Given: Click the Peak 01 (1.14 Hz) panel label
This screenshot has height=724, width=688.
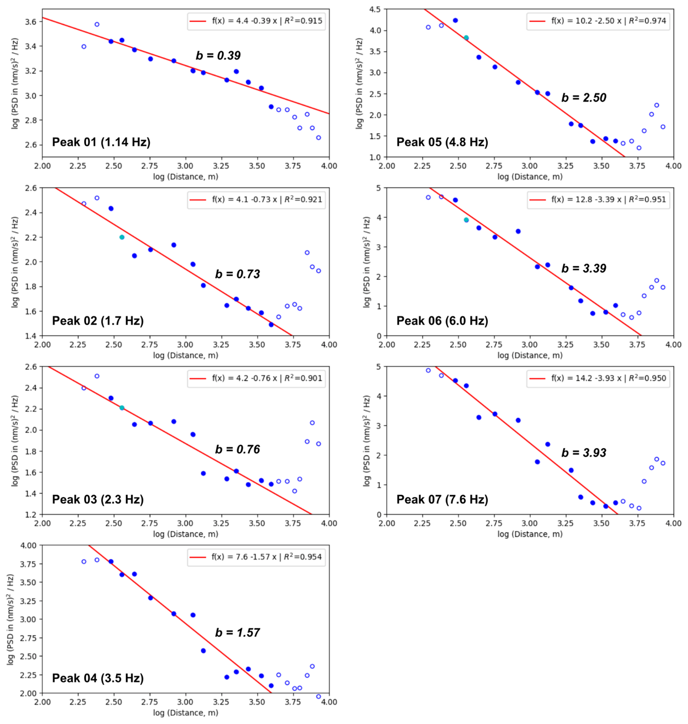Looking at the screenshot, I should pos(101,142).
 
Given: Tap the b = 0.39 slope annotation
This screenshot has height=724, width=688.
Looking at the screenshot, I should pos(218,55).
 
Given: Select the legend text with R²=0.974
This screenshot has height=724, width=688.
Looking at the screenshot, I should pos(608,21).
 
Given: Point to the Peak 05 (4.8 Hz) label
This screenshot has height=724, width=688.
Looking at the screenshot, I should pos(442,142).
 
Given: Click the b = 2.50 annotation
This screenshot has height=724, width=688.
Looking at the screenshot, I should pos(584,98).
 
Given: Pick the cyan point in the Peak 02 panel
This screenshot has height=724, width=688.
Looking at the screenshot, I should pos(122,237).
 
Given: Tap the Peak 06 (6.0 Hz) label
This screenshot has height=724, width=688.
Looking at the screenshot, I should pos(442,321).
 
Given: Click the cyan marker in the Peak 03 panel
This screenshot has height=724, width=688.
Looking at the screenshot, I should pos(122,408).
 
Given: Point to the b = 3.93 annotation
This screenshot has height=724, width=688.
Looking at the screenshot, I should pos(584,453).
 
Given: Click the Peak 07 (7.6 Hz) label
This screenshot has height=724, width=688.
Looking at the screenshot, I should pos(442,499).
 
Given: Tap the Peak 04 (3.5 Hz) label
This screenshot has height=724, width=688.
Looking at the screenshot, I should pos(98,678).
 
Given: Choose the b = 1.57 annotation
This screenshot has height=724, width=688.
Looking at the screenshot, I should pos(237,632).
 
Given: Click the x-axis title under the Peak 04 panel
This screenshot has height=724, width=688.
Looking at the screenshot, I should pos(186,713).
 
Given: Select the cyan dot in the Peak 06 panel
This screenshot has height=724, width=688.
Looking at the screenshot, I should pos(466,220).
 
